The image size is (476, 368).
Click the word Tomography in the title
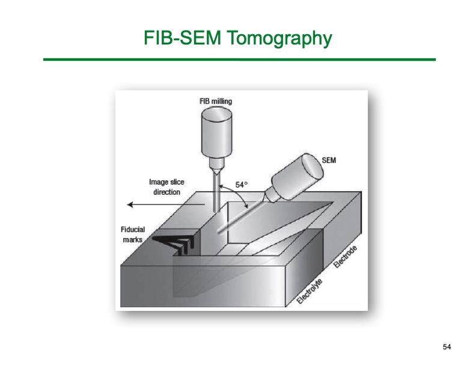[x=279, y=38]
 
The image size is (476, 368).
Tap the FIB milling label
[x=216, y=101]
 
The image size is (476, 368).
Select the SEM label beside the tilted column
[x=329, y=161]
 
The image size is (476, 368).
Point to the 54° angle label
[x=242, y=185]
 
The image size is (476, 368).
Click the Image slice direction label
[x=166, y=187]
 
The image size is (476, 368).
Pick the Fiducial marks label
[x=133, y=235]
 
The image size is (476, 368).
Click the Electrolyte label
[x=310, y=290]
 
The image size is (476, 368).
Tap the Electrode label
[x=345, y=257]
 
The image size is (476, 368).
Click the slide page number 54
[x=447, y=347]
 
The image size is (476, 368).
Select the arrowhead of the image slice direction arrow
[x=130, y=204]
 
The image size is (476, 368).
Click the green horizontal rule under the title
[x=240, y=60]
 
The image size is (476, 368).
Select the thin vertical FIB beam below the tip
[x=216, y=193]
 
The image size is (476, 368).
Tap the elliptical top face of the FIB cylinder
[x=217, y=114]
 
